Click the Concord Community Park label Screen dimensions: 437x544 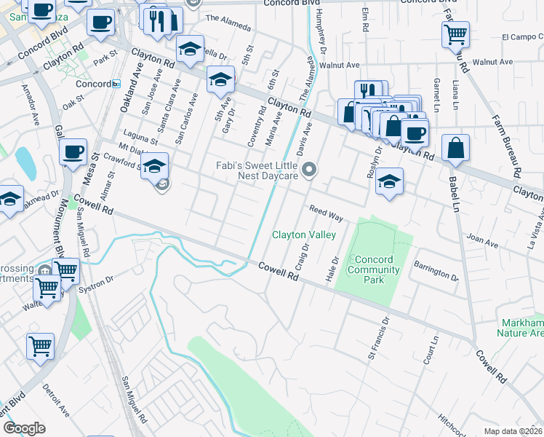[x=374, y=264]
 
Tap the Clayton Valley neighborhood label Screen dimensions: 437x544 [x=304, y=235]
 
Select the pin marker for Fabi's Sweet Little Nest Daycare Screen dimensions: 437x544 [x=309, y=171]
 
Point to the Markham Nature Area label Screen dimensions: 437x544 [x=522, y=328]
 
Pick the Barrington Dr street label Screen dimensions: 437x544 [x=436, y=271]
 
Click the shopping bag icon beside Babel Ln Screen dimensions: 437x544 [x=455, y=148]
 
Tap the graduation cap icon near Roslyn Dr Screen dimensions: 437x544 [x=390, y=182]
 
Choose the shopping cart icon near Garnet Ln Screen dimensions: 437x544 [x=455, y=33]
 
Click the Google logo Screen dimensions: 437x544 [x=23, y=428]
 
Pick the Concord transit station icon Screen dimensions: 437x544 [x=116, y=84]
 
